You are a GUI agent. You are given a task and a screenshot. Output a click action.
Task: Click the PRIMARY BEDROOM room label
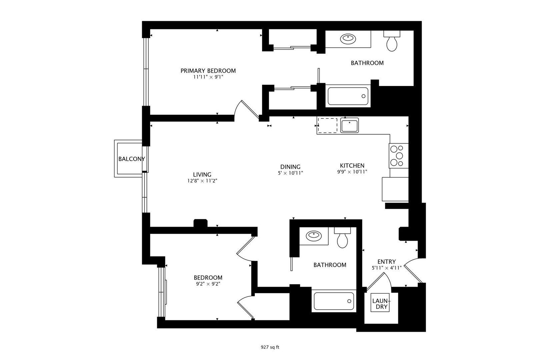[208, 71]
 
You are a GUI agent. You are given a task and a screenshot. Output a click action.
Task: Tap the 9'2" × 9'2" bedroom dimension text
[208, 284]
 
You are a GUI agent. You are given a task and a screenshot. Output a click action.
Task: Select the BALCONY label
[132, 159]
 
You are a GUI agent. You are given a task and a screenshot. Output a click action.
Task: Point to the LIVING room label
[202, 175]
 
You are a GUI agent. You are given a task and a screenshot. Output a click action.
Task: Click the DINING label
[290, 167]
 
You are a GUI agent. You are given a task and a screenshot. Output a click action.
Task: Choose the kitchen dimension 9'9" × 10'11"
[352, 172]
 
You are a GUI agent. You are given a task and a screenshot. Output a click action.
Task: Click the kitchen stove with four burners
[398, 156]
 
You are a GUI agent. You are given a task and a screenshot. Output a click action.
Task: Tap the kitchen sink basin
[349, 125]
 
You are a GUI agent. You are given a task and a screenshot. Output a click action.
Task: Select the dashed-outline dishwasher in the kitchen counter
[328, 125]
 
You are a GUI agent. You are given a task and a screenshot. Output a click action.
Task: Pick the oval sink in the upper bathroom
[348, 39]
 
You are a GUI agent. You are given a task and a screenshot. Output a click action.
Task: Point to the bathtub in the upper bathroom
[348, 96]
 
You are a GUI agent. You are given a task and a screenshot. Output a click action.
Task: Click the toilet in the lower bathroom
[342, 238]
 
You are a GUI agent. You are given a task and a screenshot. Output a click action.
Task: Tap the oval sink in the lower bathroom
[314, 236]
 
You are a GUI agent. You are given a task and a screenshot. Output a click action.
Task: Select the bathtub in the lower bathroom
[334, 301]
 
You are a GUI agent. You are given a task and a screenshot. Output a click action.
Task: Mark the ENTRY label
[386, 262]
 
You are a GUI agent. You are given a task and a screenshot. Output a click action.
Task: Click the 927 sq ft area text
[270, 347]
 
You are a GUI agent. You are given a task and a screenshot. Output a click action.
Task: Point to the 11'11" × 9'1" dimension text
[208, 77]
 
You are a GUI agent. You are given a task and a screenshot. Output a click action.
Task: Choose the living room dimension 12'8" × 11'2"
[202, 181]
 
